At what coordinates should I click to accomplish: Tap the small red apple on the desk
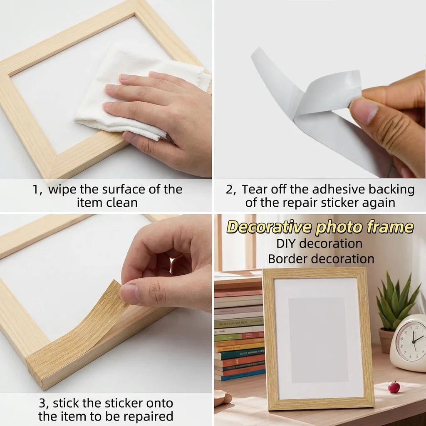(394, 387)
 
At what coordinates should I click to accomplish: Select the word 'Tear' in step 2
(254, 189)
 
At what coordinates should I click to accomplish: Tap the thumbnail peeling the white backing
(363, 110)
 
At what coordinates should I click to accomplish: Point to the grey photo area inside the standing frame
(318, 340)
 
